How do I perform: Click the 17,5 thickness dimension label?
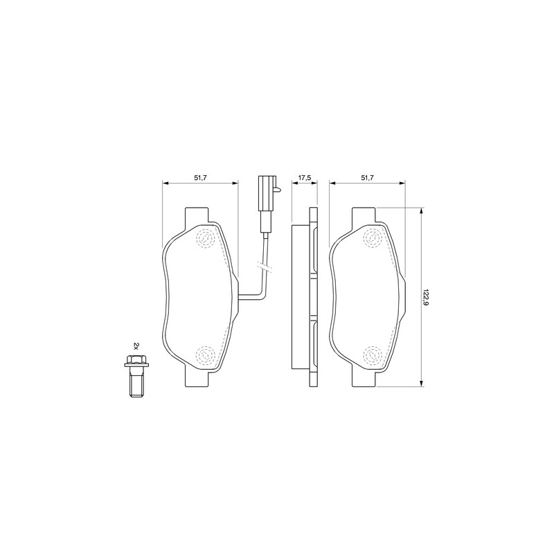[304, 178]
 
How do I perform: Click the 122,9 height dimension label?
[426, 297]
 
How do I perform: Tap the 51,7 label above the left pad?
[200, 178]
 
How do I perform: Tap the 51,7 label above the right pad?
[367, 178]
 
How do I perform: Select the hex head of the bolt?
[136, 361]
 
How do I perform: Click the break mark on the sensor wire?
[265, 267]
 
